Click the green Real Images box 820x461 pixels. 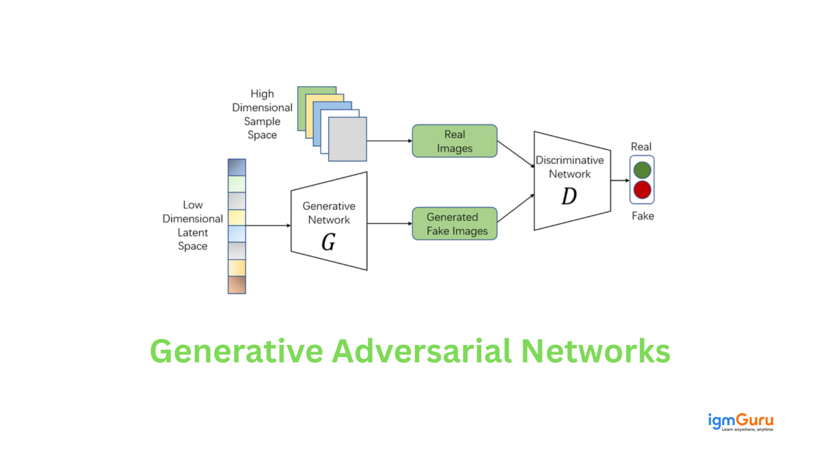pyautogui.click(x=454, y=141)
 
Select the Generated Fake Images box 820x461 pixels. pyautogui.click(x=454, y=223)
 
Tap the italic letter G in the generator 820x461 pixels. pyautogui.click(x=328, y=242)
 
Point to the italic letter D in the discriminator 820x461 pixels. pyautogui.click(x=569, y=196)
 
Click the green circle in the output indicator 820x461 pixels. pyautogui.click(x=642, y=170)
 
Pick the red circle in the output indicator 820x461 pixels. pyautogui.click(x=642, y=190)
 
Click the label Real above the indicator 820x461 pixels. pyautogui.click(x=641, y=146)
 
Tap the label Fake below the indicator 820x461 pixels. pyautogui.click(x=643, y=216)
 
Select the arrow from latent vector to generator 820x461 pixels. pyautogui.click(x=268, y=225)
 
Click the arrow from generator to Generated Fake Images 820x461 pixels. pyautogui.click(x=389, y=223)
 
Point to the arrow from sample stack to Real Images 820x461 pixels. pyautogui.click(x=389, y=141)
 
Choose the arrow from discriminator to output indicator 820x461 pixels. pyautogui.click(x=620, y=180)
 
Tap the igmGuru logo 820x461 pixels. pyautogui.click(x=740, y=421)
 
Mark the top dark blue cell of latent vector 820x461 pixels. pyautogui.click(x=237, y=167)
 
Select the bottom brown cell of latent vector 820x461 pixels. pyautogui.click(x=237, y=285)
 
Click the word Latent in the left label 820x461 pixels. pyautogui.click(x=193, y=232)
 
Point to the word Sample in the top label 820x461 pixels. pyautogui.click(x=262, y=121)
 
